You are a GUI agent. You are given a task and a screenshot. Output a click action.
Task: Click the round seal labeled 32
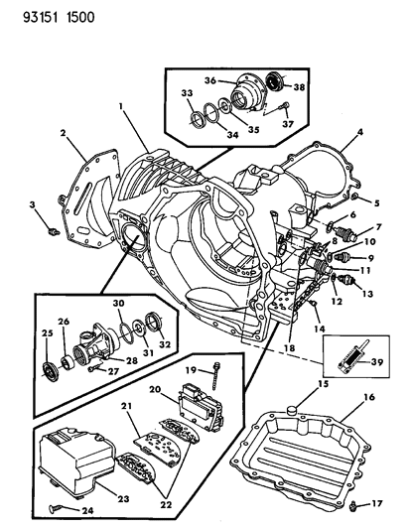pos(154,320)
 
